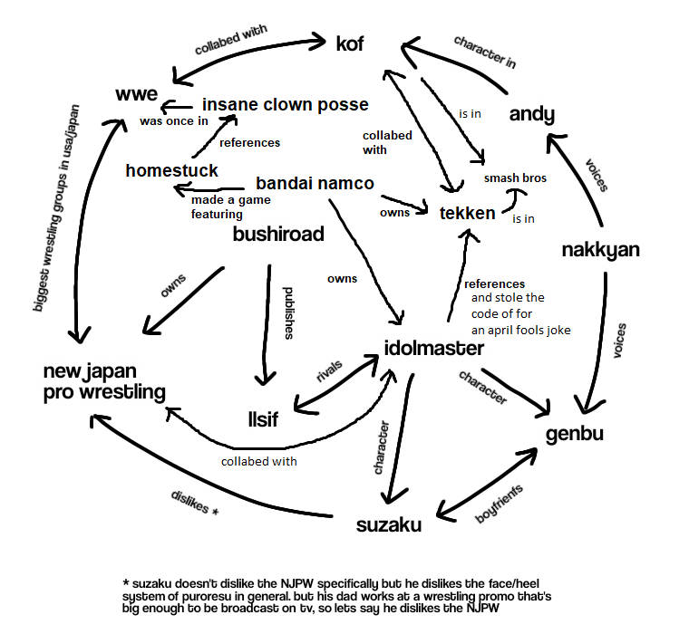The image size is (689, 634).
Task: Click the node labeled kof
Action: pyautogui.click(x=349, y=43)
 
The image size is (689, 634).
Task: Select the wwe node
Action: pyautogui.click(x=137, y=94)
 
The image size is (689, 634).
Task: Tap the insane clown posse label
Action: pyautogui.click(x=285, y=104)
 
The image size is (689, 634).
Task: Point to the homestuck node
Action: pyautogui.click(x=171, y=170)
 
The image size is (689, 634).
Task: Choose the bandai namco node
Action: pyautogui.click(x=315, y=183)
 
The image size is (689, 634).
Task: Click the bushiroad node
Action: pyautogui.click(x=278, y=234)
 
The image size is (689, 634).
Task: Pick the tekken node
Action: pyautogui.click(x=468, y=213)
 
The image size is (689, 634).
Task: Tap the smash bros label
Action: pyautogui.click(x=515, y=178)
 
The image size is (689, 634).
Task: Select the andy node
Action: pyautogui.click(x=531, y=113)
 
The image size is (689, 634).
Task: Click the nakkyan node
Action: pyautogui.click(x=601, y=249)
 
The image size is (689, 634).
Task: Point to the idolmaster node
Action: pyautogui.click(x=433, y=349)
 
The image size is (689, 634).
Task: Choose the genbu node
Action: pyautogui.click(x=575, y=434)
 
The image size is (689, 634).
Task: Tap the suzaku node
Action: pyautogui.click(x=388, y=524)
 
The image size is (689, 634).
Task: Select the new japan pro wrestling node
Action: pyautogui.click(x=105, y=381)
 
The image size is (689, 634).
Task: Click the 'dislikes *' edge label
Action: pyautogui.click(x=194, y=502)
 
